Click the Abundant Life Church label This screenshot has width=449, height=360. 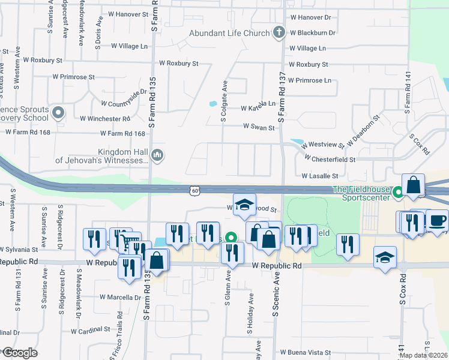[231, 33]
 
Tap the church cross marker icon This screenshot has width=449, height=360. [279, 33]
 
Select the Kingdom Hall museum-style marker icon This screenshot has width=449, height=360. [157, 155]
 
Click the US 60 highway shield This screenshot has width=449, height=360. [194, 190]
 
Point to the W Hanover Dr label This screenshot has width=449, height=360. [310, 18]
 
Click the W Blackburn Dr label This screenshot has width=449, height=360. [312, 32]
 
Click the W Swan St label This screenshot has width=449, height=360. [259, 127]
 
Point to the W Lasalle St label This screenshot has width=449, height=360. [320, 176]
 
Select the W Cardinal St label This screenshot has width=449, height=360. [90, 330]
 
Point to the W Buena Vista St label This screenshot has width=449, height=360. [306, 353]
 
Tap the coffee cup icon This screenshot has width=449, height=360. [438, 220]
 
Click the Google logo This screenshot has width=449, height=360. [19, 353]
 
